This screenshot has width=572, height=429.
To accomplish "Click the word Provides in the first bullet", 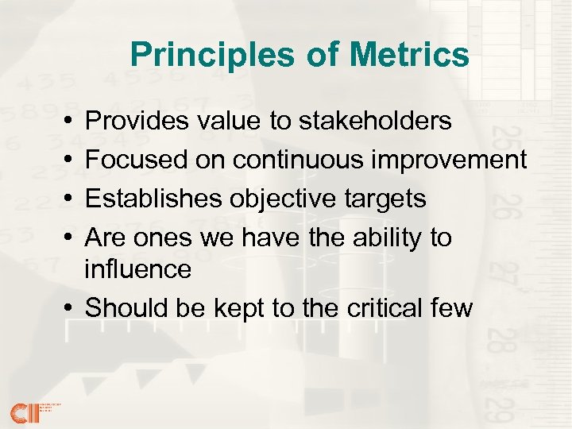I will pos(135,122).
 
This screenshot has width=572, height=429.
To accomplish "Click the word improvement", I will pos(456,160).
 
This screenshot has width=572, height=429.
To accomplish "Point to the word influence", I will pos(138,270).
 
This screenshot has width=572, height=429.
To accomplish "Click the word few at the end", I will pos(451,307).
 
